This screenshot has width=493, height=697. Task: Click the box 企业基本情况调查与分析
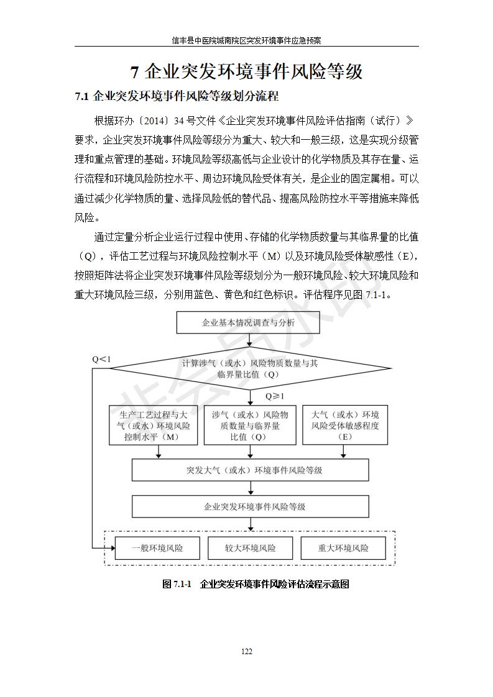coord(248,322)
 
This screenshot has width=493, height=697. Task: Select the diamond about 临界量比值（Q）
coord(250,368)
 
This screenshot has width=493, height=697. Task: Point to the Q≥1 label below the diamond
coord(275,396)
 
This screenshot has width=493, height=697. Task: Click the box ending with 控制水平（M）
coord(153,426)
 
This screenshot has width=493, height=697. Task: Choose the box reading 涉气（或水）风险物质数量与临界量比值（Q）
coord(250,426)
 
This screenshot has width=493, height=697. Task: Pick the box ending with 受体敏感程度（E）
coord(345,426)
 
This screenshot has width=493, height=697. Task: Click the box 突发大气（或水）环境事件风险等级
coord(250,470)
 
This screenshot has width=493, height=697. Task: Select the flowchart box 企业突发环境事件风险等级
coord(250,507)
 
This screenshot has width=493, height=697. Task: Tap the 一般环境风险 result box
coord(157,548)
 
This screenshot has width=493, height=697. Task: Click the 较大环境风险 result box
coord(250,548)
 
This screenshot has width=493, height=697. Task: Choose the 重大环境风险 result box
coord(343,548)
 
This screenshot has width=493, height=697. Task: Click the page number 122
coord(246,652)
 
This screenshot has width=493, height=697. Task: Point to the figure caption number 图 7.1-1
coord(177,584)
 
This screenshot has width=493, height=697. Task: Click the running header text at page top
coord(246,40)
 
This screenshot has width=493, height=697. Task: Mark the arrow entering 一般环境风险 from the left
coord(103,548)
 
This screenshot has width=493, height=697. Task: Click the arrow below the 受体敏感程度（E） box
coord(344,452)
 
